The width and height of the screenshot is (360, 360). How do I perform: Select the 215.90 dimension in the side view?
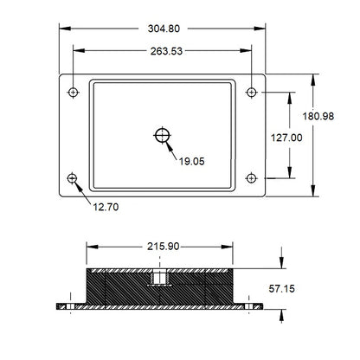162,247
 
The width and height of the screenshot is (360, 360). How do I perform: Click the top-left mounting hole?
74,91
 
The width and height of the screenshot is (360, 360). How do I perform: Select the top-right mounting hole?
251,91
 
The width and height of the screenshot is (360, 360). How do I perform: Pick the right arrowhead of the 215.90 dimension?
234,247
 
